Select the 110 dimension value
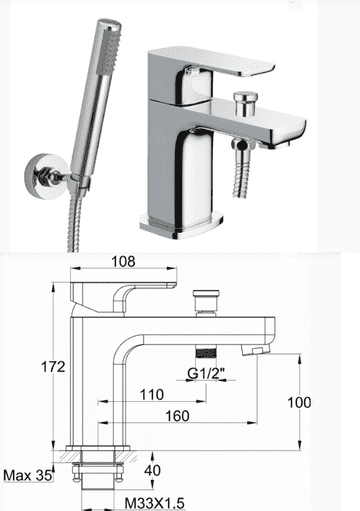[x=152, y=395]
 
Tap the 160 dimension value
[x=176, y=416]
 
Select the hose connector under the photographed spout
[x=241, y=149]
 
